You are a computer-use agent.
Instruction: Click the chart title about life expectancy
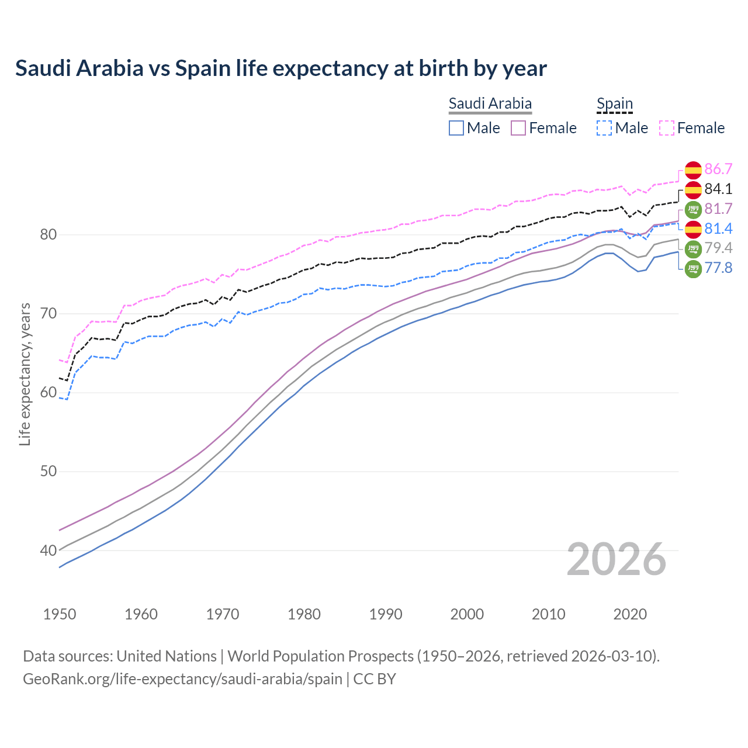[280, 68]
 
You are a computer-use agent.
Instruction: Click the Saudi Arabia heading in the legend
[490, 103]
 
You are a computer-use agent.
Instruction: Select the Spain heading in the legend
[614, 103]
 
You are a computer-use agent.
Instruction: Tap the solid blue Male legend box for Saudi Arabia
[456, 128]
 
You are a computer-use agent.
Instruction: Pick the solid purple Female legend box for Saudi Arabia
[518, 128]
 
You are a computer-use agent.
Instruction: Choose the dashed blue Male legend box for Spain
[604, 128]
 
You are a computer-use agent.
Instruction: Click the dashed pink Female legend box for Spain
[667, 128]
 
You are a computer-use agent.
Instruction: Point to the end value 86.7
[718, 169]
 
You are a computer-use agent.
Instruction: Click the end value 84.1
[718, 189]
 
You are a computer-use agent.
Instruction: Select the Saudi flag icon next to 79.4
[693, 248]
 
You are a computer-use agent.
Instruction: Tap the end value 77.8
[718, 268]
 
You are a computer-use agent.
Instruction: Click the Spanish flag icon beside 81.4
[693, 228]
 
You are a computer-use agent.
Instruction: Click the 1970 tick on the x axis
[223, 614]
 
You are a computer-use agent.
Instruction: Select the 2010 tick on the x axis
[548, 614]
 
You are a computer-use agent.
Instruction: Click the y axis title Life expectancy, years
[25, 374]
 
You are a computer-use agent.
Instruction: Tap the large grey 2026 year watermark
[617, 559]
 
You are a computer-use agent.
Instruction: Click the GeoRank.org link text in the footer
[182, 679]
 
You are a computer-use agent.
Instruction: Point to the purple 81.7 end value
[718, 209]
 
